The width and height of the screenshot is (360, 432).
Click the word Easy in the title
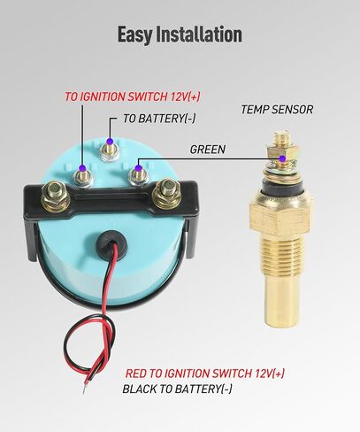135,35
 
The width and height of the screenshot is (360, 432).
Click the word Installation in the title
199,34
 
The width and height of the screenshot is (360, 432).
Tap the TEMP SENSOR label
277,110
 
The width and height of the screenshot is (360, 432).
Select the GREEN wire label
208,150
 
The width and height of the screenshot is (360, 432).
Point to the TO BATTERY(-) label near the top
159,119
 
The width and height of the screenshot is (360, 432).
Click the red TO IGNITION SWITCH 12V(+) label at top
133,96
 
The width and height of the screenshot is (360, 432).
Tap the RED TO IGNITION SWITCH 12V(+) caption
205,374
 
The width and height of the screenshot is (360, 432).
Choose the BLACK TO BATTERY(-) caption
177,389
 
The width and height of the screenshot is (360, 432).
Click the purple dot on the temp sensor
282,158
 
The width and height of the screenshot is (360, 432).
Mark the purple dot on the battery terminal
110,142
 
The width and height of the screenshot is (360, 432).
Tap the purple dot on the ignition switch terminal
82,168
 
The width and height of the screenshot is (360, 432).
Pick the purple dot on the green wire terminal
138,168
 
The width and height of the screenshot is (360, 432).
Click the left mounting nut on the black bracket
56,195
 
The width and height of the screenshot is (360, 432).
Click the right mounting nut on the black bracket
165,193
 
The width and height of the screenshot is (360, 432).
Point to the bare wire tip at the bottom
85,390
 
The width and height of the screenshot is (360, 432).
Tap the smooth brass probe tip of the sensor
281,304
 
